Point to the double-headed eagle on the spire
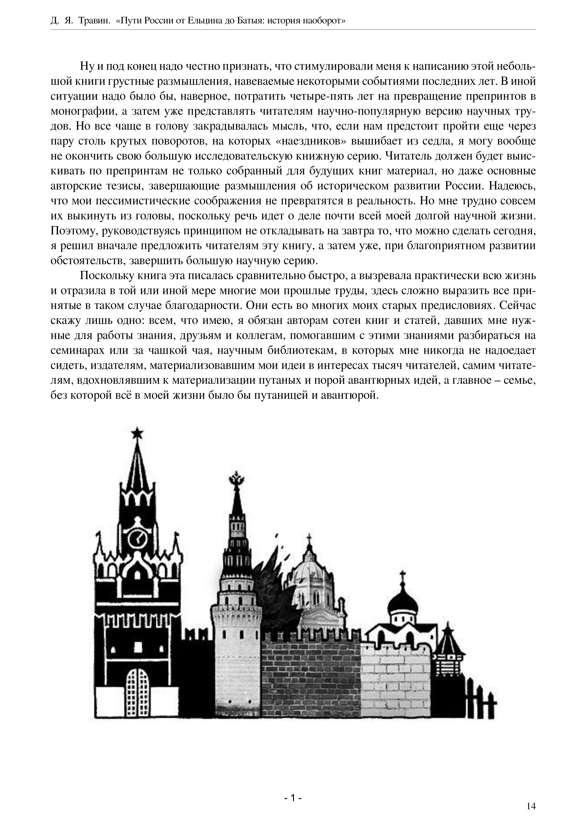pos(237,480)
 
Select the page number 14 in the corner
pos(531,806)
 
